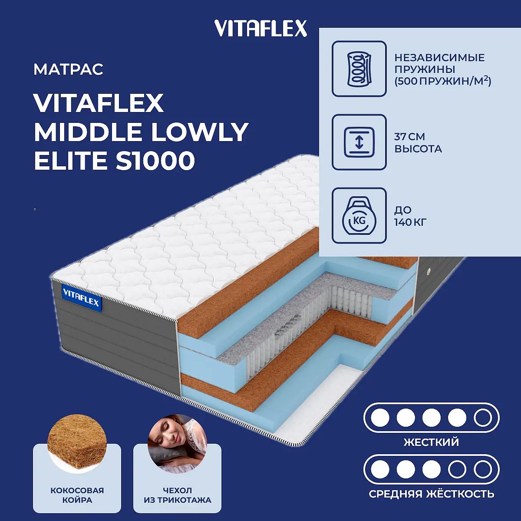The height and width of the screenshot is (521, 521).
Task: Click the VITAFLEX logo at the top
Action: tap(260, 28)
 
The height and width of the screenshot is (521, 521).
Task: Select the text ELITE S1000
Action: tap(114, 161)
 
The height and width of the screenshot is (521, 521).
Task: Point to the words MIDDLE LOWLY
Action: tap(141, 132)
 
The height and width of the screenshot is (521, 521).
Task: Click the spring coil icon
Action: tap(359, 69)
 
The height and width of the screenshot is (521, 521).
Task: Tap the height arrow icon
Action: tap(359, 142)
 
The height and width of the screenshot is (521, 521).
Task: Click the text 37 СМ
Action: tap(409, 137)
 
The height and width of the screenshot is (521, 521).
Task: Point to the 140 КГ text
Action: tap(410, 223)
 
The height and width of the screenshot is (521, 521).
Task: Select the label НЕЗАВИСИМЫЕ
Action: tap(440, 58)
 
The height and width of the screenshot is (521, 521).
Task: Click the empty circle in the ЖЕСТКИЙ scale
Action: tap(483, 418)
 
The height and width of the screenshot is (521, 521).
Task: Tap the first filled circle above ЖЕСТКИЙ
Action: tap(380, 418)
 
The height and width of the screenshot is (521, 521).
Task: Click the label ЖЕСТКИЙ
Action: tap(431, 442)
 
